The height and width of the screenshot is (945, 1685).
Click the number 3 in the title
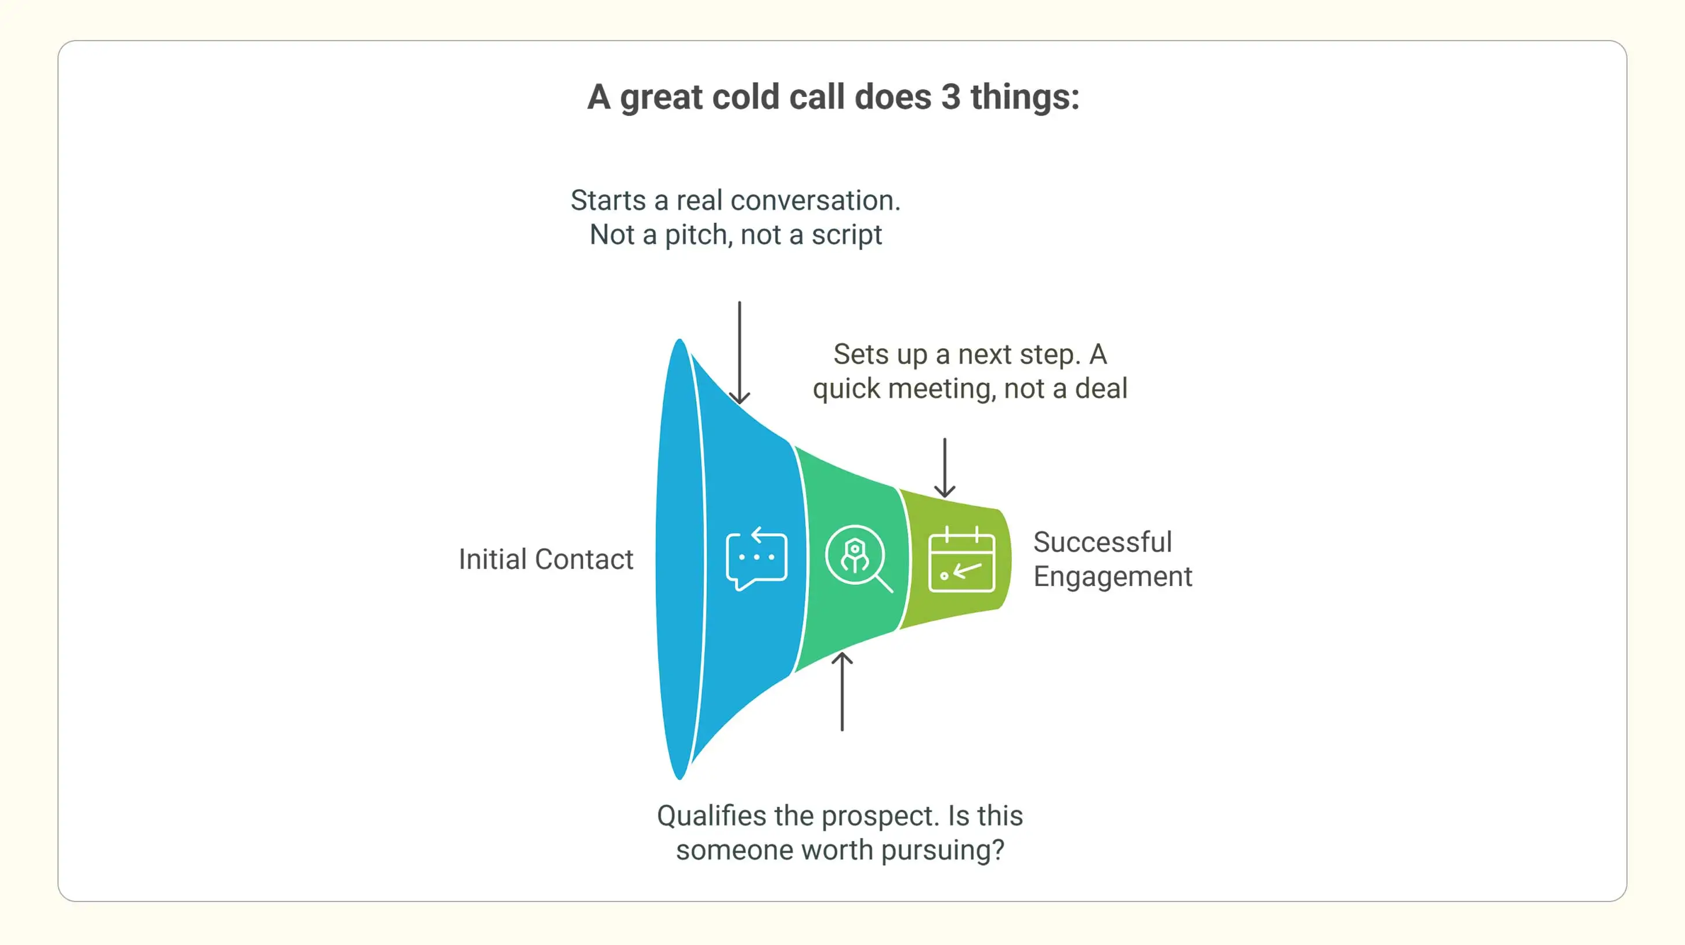click(x=950, y=97)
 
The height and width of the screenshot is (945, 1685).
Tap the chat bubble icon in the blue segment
click(x=756, y=559)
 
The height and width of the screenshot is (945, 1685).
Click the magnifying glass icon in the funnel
click(x=858, y=559)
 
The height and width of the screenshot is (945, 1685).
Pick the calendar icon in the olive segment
click(x=961, y=560)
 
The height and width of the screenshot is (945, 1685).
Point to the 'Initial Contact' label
click(x=545, y=560)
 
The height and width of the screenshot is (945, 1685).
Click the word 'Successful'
click(x=1102, y=542)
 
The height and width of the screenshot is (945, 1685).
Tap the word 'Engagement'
click(x=1112, y=577)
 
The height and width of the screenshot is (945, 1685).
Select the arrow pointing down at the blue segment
click(x=739, y=353)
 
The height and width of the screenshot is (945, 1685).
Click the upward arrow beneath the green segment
click(x=842, y=691)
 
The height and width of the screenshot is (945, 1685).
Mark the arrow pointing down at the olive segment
click(x=945, y=468)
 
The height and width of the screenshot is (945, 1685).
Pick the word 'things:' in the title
click(x=1024, y=97)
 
